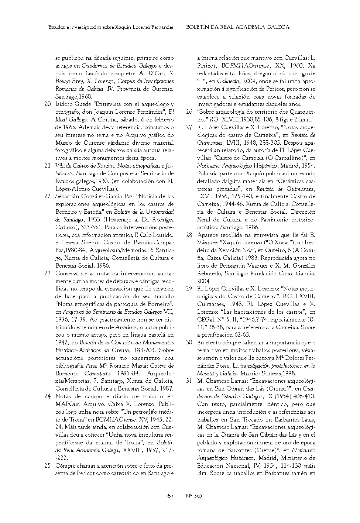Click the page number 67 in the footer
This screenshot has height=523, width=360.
(170, 496)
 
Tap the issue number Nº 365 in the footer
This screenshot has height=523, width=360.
(194, 496)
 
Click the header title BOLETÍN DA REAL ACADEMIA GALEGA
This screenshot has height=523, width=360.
(237, 27)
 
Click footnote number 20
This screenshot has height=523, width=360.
(47, 104)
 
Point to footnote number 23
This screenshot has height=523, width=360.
(47, 273)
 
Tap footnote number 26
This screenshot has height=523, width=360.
(189, 112)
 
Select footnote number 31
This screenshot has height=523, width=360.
(189, 381)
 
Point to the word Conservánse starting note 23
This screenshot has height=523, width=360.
(72, 273)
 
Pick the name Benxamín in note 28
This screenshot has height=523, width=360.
(226, 266)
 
